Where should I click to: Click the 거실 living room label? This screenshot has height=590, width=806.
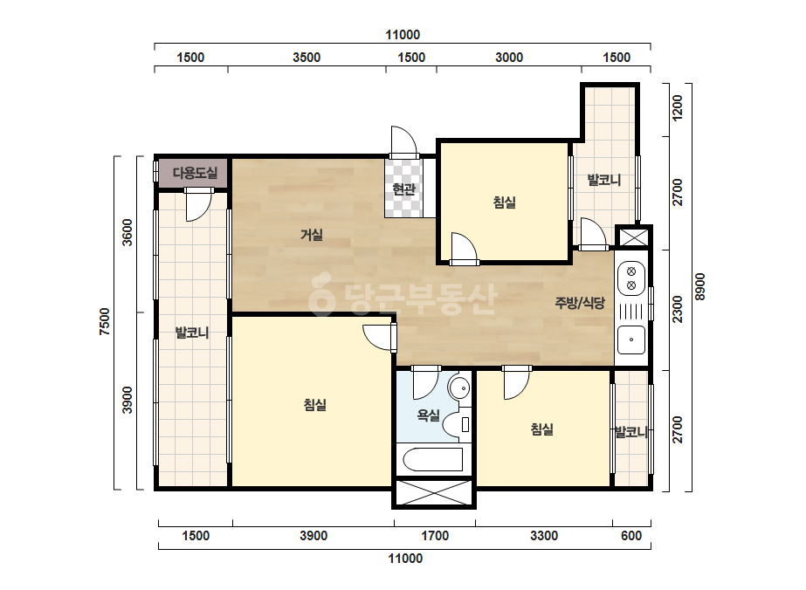312,236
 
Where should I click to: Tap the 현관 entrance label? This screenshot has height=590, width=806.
403,189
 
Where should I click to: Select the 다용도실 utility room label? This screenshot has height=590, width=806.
195,173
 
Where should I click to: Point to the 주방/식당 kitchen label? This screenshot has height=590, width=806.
580,303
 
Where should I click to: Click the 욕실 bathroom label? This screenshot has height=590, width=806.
428,415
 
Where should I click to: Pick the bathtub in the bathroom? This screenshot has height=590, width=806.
433,459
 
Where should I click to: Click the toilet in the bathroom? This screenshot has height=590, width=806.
457,424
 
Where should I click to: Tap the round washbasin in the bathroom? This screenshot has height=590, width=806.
459,387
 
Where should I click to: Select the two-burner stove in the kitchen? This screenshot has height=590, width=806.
631,278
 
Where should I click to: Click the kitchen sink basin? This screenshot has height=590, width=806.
631,340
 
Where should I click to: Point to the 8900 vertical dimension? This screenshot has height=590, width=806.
700,287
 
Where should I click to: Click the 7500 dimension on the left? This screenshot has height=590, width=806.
105,322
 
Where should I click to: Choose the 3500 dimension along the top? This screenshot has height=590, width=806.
307,57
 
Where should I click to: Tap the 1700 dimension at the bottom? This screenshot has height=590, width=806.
436,536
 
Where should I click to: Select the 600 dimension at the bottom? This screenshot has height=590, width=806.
631,536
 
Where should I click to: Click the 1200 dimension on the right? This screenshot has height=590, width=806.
678,107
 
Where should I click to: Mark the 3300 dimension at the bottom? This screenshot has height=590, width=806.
544,536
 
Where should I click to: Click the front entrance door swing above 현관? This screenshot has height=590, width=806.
403,140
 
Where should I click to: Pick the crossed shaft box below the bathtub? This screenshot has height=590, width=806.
434,493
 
